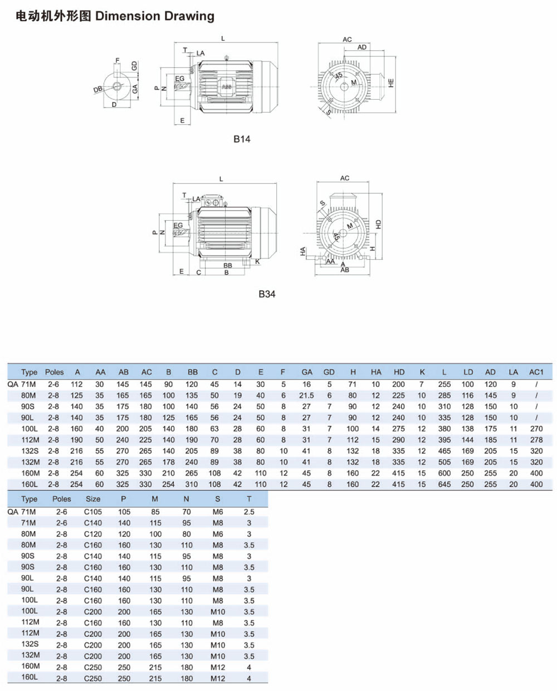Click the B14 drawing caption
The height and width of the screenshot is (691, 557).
click(242, 139)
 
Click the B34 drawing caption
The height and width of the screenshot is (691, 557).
click(267, 294)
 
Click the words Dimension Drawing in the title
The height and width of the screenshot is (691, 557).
click(155, 16)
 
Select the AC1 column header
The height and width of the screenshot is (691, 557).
click(536, 372)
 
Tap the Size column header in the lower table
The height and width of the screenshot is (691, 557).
click(93, 499)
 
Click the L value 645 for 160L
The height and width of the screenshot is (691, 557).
click(444, 484)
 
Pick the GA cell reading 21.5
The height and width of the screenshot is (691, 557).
click(306, 395)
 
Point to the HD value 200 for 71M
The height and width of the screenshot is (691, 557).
click(398, 384)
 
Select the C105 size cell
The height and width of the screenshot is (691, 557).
click(93, 512)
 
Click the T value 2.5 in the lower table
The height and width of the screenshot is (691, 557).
click(249, 512)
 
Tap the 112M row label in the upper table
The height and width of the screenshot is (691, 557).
click(30, 440)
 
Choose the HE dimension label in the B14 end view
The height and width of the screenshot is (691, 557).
click(391, 82)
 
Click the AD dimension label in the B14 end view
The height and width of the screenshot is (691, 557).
click(362, 47)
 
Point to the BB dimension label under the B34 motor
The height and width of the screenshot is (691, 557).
click(227, 266)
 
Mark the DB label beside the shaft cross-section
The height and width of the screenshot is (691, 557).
click(98, 90)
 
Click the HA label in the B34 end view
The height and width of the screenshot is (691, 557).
click(303, 252)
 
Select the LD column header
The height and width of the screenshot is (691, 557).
click(468, 372)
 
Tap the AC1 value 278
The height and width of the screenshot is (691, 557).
click(536, 440)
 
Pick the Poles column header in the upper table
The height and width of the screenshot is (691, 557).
click(54, 372)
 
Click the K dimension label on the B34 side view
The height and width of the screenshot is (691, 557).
click(257, 261)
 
